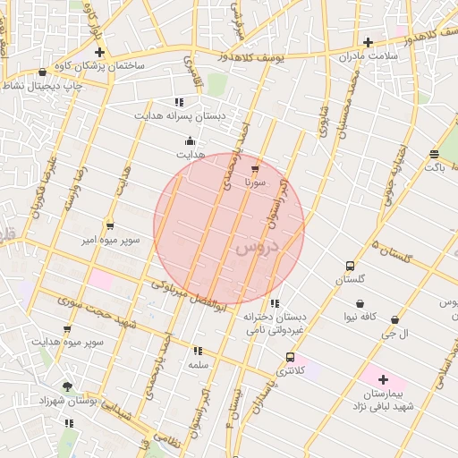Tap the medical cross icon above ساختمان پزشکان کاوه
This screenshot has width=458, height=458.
99,52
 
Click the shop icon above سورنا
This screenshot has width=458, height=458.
256,168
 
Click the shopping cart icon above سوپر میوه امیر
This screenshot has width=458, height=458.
110,225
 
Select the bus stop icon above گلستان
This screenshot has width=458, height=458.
350,265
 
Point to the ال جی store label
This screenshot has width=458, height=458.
394,334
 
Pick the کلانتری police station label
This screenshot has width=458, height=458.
290,369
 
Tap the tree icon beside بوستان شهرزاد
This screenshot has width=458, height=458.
68,386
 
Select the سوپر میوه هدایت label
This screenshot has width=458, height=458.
69,342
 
